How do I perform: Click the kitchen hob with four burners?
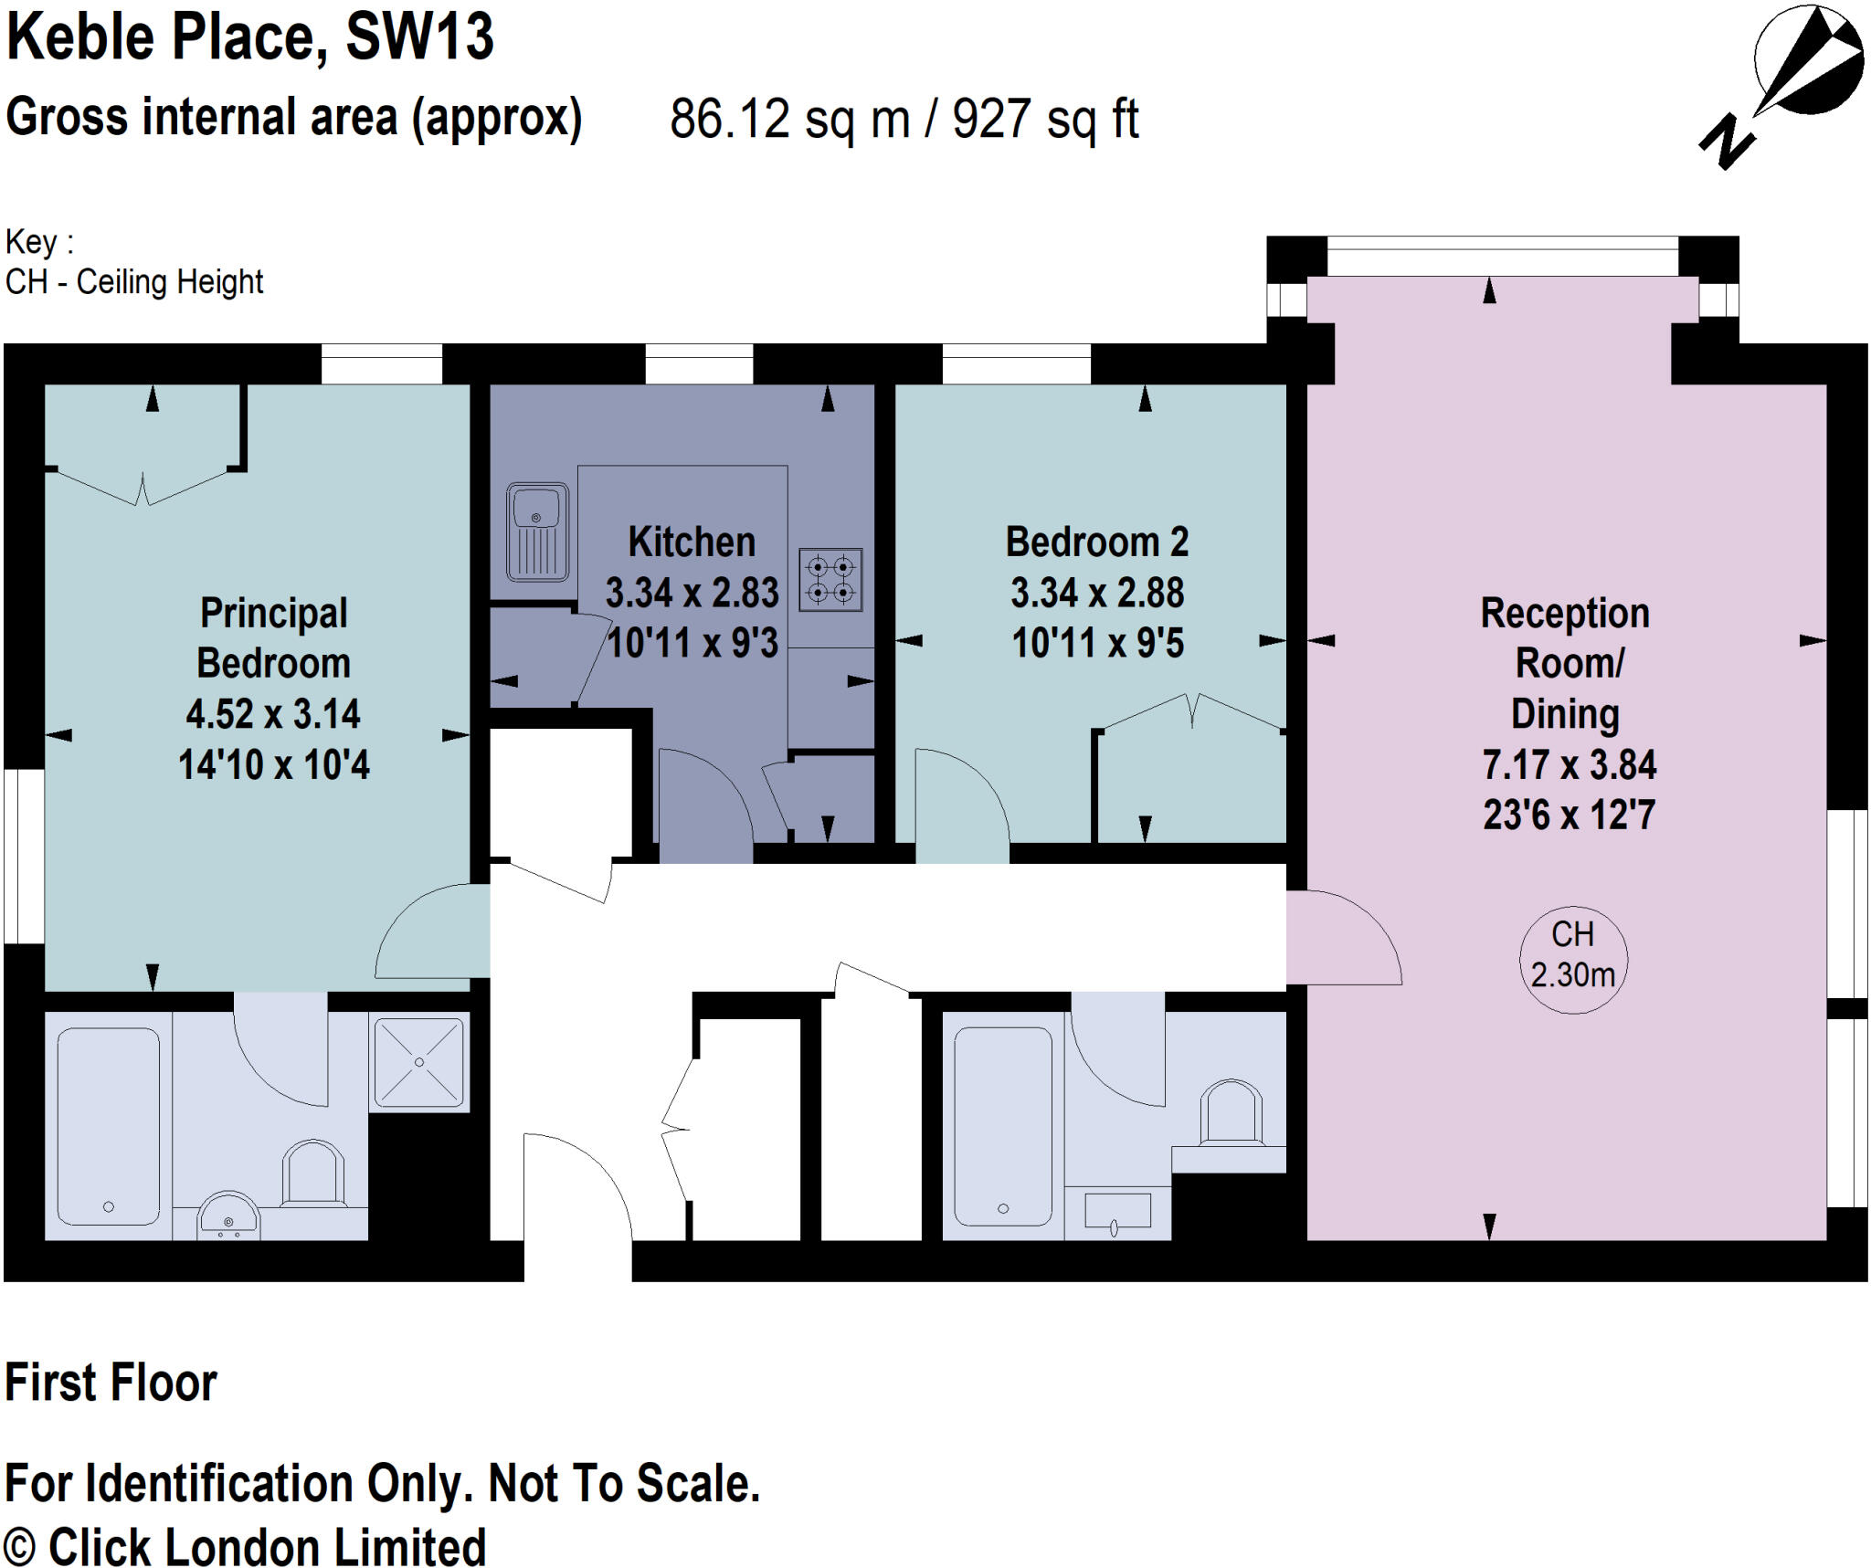[830, 580]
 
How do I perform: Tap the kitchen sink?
[537, 532]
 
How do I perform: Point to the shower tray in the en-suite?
[419, 1062]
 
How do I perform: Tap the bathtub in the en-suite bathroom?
[109, 1126]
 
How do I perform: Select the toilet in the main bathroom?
[1230, 1114]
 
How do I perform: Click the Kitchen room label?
[692, 542]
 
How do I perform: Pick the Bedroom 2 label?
[1096, 542]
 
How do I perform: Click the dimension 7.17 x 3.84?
[1569, 765]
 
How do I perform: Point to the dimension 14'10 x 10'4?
[273, 765]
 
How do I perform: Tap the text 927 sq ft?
[1045, 120]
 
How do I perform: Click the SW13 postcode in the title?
[419, 38]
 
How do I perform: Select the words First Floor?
[111, 1383]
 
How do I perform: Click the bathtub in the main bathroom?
[1003, 1126]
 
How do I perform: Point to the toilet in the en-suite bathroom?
[313, 1176]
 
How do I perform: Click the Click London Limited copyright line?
[245, 1547]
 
